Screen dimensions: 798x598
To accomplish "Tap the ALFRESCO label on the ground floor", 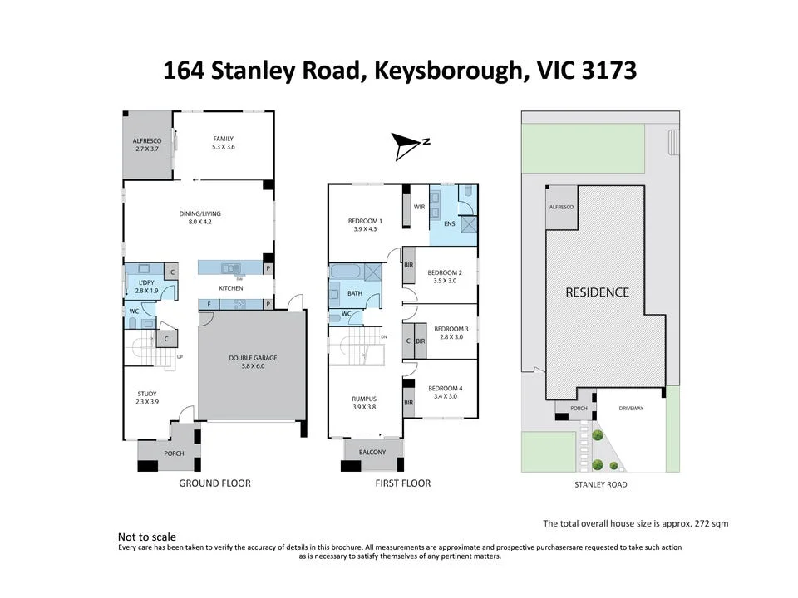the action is tap(147, 141).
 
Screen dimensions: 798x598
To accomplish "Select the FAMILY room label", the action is tap(224, 139).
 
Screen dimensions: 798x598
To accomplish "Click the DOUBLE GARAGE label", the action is tap(253, 358).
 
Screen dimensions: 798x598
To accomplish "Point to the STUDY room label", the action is tap(147, 394).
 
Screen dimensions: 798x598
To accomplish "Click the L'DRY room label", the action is tap(146, 282).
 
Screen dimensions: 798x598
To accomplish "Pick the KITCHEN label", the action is tap(231, 288).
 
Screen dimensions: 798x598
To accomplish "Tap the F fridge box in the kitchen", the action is tap(209, 305).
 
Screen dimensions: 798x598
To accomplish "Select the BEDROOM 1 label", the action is tap(365, 221).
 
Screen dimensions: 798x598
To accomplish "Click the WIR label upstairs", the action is tap(419, 207).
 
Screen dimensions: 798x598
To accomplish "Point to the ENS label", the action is tap(450, 223).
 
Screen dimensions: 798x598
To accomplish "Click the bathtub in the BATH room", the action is tap(346, 271).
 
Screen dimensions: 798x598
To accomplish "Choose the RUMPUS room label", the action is tap(364, 399).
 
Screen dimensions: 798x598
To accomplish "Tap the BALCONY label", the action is tap(372, 452).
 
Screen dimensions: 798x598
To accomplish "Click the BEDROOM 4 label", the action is tap(446, 389).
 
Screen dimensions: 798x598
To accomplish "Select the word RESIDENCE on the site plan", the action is tap(598, 292).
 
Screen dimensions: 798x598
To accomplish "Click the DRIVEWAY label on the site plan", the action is tap(631, 409).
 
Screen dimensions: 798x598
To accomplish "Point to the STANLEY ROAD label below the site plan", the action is tap(600, 484).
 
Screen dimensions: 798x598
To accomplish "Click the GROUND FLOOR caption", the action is tap(214, 483).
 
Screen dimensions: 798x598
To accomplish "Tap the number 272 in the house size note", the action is tap(702, 523).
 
